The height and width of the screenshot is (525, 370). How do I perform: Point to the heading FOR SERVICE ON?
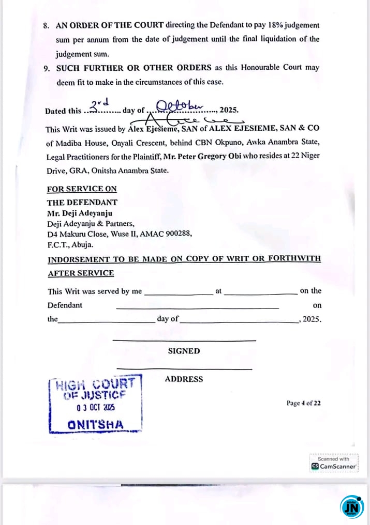click(82, 189)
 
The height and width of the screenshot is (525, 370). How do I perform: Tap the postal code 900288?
click(179, 234)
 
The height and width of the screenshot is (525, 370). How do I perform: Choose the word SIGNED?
click(184, 351)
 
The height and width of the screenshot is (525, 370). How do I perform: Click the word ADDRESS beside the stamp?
click(184, 379)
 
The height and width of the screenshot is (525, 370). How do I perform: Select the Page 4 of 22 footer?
click(303, 403)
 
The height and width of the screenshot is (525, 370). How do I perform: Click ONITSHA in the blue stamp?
click(96, 425)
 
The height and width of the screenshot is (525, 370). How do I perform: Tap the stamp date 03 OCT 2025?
click(96, 408)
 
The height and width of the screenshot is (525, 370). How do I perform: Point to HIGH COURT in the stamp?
click(96, 384)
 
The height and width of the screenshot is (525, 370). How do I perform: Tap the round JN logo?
click(352, 506)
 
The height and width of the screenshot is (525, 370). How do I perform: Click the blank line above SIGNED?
click(184, 340)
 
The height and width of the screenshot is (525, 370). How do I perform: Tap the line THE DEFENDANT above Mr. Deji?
click(82, 203)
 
